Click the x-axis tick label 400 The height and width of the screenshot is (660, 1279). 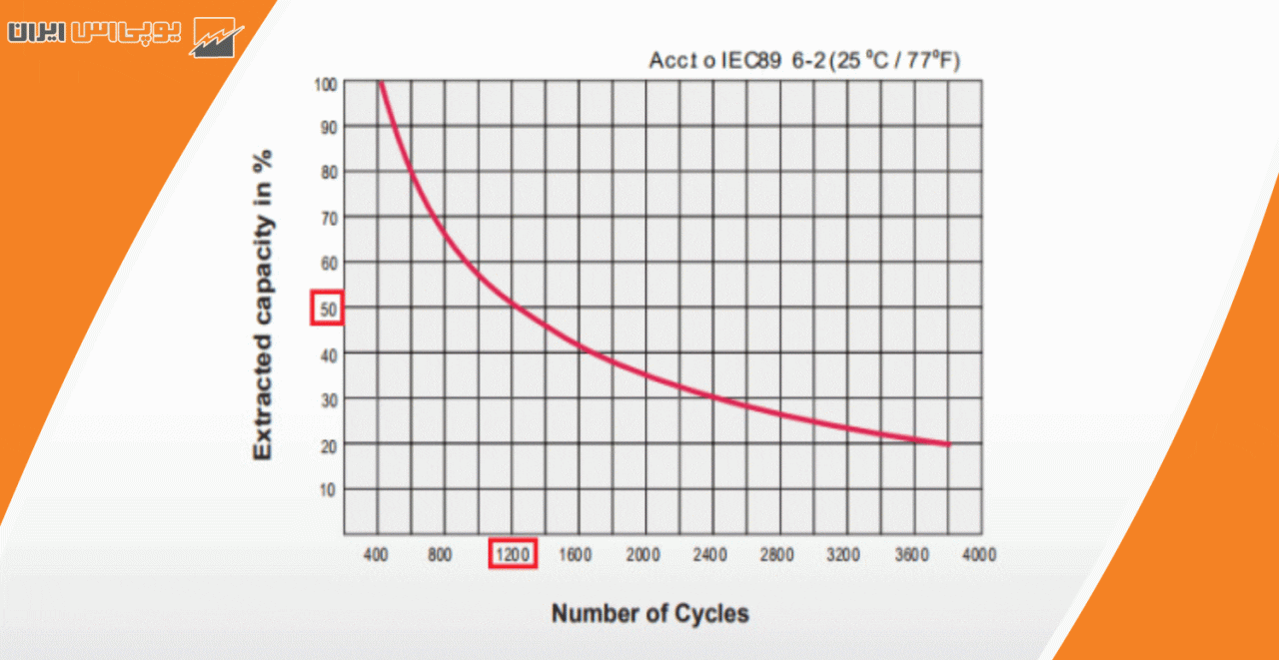pos(377,554)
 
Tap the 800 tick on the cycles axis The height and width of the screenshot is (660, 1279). pos(440,554)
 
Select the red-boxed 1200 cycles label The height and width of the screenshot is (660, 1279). pos(513,554)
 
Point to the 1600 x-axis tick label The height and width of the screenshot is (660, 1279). pos(576,554)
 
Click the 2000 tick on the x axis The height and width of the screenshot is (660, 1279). pos(642,554)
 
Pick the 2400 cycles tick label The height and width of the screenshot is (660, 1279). pos(709,554)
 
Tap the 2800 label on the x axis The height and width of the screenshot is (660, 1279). pos(776,554)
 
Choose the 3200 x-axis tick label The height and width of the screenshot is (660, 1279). pos(843,554)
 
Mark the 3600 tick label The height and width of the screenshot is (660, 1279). pos(910,554)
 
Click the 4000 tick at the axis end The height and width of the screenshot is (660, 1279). pos(977,554)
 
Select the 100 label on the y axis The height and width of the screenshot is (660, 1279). pos(326,83)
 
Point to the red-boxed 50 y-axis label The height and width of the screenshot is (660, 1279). pos(328,309)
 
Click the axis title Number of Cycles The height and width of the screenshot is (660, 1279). pos(649,613)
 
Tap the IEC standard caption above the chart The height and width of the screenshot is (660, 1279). pos(803,62)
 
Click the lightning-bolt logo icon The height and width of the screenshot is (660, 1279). pos(218,38)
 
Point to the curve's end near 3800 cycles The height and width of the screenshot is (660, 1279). pos(947,444)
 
